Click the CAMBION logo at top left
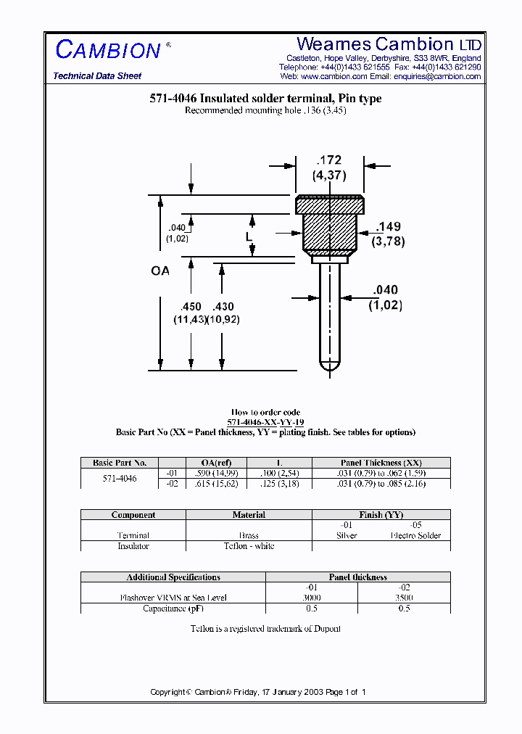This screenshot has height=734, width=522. [x=109, y=50]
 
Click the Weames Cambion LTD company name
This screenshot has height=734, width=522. [x=389, y=44]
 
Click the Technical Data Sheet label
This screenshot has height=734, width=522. [x=97, y=76]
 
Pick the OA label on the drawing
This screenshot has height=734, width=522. [x=159, y=271]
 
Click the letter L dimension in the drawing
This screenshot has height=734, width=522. [x=249, y=237]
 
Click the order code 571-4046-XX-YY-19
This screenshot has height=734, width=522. [x=265, y=422]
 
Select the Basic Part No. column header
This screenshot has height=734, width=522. [x=120, y=463]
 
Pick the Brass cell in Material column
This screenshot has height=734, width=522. [x=249, y=535]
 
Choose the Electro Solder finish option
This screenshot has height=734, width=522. [x=416, y=535]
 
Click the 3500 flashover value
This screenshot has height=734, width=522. [x=404, y=598]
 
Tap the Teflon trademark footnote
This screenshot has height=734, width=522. [x=265, y=629]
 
